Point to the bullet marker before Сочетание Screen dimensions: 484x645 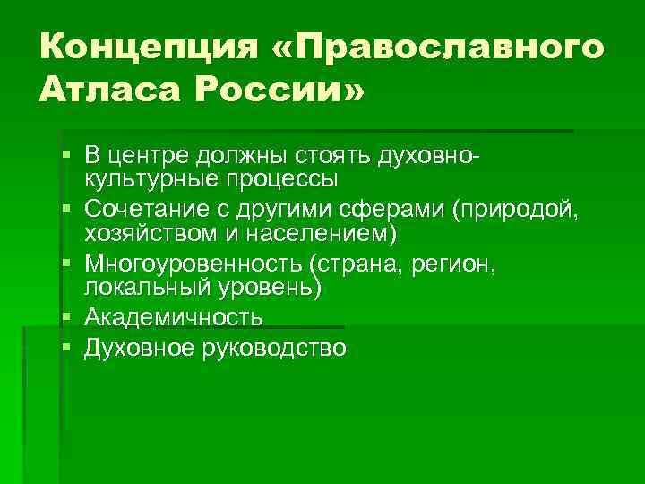click(x=68, y=212)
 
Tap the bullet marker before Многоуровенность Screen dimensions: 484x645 click(x=68, y=265)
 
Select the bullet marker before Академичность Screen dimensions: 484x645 click(x=68, y=318)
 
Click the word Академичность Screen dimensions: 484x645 click(x=173, y=318)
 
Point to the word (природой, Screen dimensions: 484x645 click(x=517, y=212)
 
